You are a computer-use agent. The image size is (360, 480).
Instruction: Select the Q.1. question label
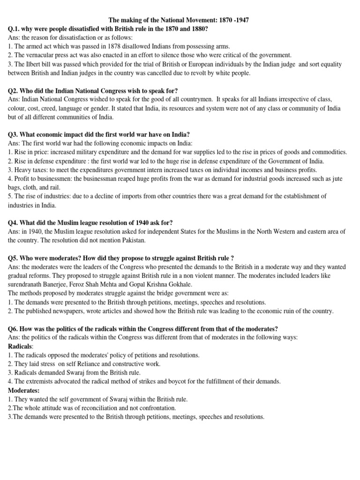15,29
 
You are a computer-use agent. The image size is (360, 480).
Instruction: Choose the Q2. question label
15,90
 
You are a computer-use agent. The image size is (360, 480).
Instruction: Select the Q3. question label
15,135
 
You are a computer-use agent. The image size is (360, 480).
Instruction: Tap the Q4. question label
15,223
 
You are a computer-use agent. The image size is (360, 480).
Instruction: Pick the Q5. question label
15,258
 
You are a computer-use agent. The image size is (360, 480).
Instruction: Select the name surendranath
29,284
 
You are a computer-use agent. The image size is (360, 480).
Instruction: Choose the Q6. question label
15,329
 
